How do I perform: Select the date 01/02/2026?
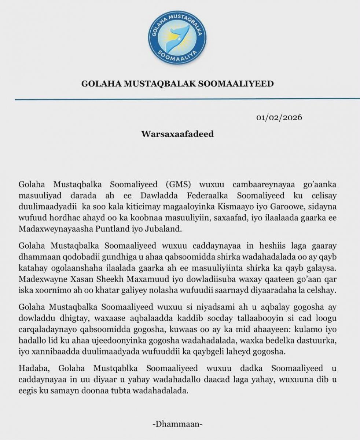pos(279,118)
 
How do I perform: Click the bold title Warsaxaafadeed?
pos(177,134)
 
